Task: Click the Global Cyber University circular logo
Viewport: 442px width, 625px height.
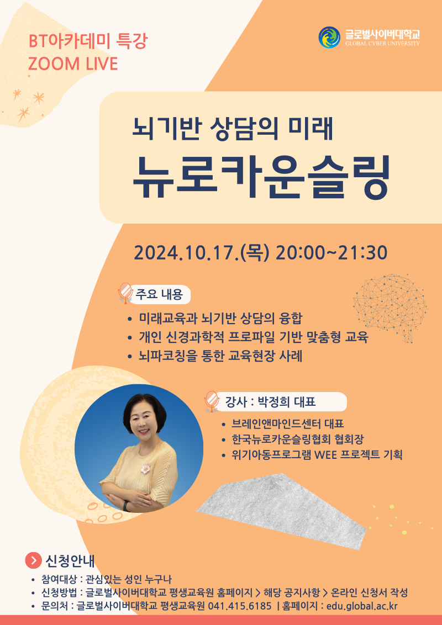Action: point(329,38)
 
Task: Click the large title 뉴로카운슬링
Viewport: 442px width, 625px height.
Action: point(261,177)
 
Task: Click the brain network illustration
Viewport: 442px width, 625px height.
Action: point(390,306)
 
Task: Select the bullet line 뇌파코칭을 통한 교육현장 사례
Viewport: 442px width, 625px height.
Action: point(221,356)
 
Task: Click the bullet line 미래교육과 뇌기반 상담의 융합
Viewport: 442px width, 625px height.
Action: point(221,319)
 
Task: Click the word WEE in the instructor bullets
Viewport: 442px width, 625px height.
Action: point(327,455)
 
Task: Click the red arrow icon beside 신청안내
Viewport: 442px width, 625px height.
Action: point(34,561)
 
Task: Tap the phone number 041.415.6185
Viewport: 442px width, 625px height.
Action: point(240,606)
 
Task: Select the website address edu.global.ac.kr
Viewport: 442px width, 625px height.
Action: point(362,606)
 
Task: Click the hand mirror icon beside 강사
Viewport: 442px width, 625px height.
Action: point(211,401)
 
